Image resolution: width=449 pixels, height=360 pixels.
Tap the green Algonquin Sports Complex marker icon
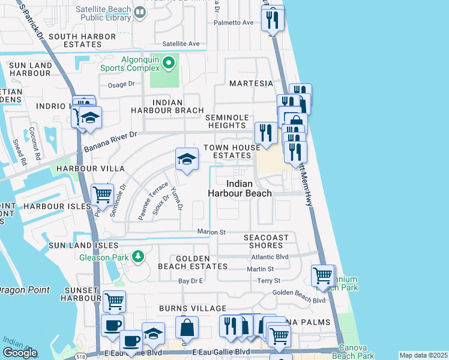coord(169,62)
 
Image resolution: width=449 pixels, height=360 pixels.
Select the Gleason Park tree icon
coord(139,257)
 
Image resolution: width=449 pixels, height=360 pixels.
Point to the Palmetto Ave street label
coord(234,23)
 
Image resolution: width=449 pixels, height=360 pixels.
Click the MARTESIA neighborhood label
coord(251,83)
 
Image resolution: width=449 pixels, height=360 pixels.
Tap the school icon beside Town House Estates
coord(187,160)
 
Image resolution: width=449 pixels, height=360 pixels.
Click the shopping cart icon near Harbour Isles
coord(103,194)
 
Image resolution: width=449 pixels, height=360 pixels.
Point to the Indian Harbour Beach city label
coord(240,188)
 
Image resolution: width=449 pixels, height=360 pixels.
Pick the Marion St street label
coord(211,232)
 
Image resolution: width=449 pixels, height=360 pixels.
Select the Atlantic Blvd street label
coord(270,256)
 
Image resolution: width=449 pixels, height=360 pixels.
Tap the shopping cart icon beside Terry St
coord(323,275)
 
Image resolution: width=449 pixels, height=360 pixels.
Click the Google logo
coord(20,353)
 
